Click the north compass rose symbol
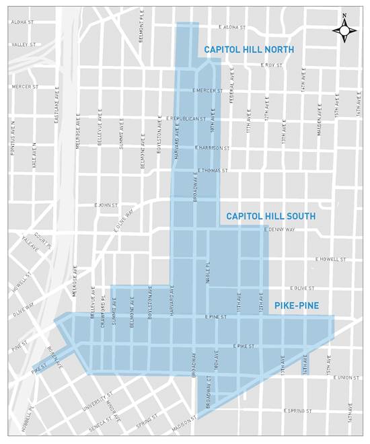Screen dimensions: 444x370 [344, 30]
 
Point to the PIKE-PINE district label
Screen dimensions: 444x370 [305, 306]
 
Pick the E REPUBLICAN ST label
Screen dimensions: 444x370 [185, 118]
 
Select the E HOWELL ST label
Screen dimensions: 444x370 [330, 259]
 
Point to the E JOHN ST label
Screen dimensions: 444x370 [106, 205]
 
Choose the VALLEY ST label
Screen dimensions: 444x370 [22, 44]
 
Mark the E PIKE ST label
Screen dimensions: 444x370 [242, 346]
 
